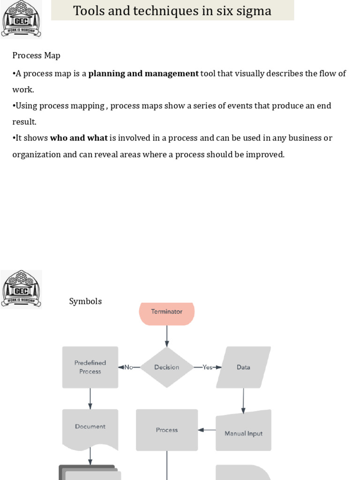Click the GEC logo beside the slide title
(x=21, y=19)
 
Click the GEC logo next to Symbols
(x=21, y=289)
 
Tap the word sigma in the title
(x=254, y=11)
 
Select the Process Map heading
(x=36, y=55)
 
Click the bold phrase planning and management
(x=143, y=73)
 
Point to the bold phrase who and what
(x=79, y=138)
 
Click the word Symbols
(x=85, y=301)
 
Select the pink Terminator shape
(x=167, y=313)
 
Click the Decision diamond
(x=167, y=367)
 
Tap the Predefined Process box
(x=90, y=367)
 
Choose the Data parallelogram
(x=243, y=367)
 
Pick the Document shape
(x=90, y=427)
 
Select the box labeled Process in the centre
(x=167, y=430)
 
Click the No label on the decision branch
(x=128, y=367)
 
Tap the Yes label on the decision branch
(x=207, y=367)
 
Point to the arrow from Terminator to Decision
(x=167, y=336)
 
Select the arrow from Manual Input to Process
(x=207, y=430)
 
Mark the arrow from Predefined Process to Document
(x=90, y=398)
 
